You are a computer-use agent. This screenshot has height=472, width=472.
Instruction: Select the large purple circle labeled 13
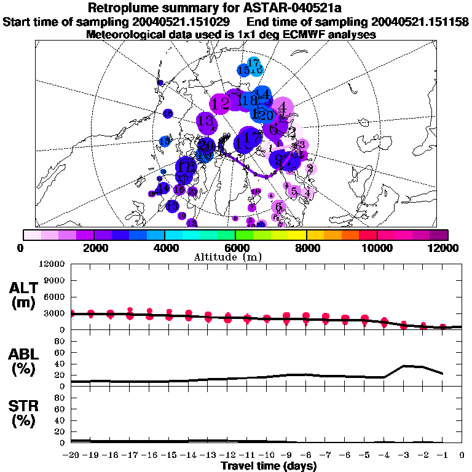(x=206, y=121)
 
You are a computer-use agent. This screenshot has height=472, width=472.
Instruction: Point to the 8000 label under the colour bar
(x=306, y=248)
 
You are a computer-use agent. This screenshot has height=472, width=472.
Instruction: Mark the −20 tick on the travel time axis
(x=72, y=455)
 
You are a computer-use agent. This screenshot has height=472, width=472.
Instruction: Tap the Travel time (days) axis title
(x=269, y=466)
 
